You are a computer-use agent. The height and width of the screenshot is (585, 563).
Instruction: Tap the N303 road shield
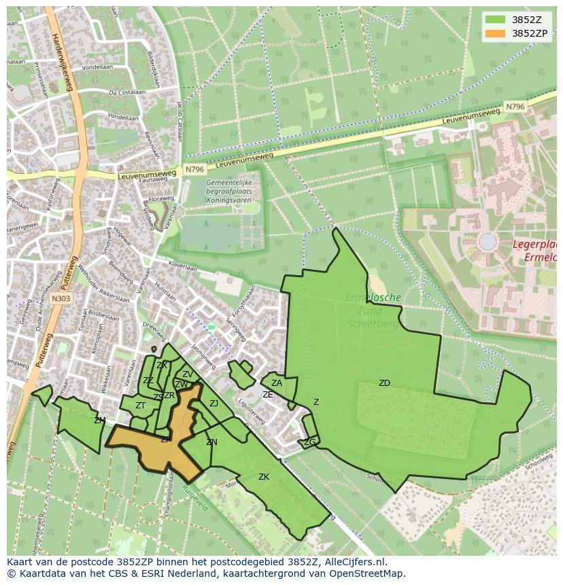61,298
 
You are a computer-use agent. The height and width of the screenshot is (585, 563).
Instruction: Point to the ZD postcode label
384,383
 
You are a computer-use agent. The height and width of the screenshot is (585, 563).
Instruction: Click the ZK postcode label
264,477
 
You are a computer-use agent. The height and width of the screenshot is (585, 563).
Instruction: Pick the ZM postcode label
100,421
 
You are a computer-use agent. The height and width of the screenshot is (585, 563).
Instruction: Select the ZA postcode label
277,383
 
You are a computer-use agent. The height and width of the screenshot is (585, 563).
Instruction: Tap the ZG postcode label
309,442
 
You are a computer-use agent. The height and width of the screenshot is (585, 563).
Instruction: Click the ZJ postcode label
214,404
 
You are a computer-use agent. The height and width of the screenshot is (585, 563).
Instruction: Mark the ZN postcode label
211,442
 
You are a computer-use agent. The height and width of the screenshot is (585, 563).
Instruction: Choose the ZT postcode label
140,406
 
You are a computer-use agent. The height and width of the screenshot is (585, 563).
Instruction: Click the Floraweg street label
161,200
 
